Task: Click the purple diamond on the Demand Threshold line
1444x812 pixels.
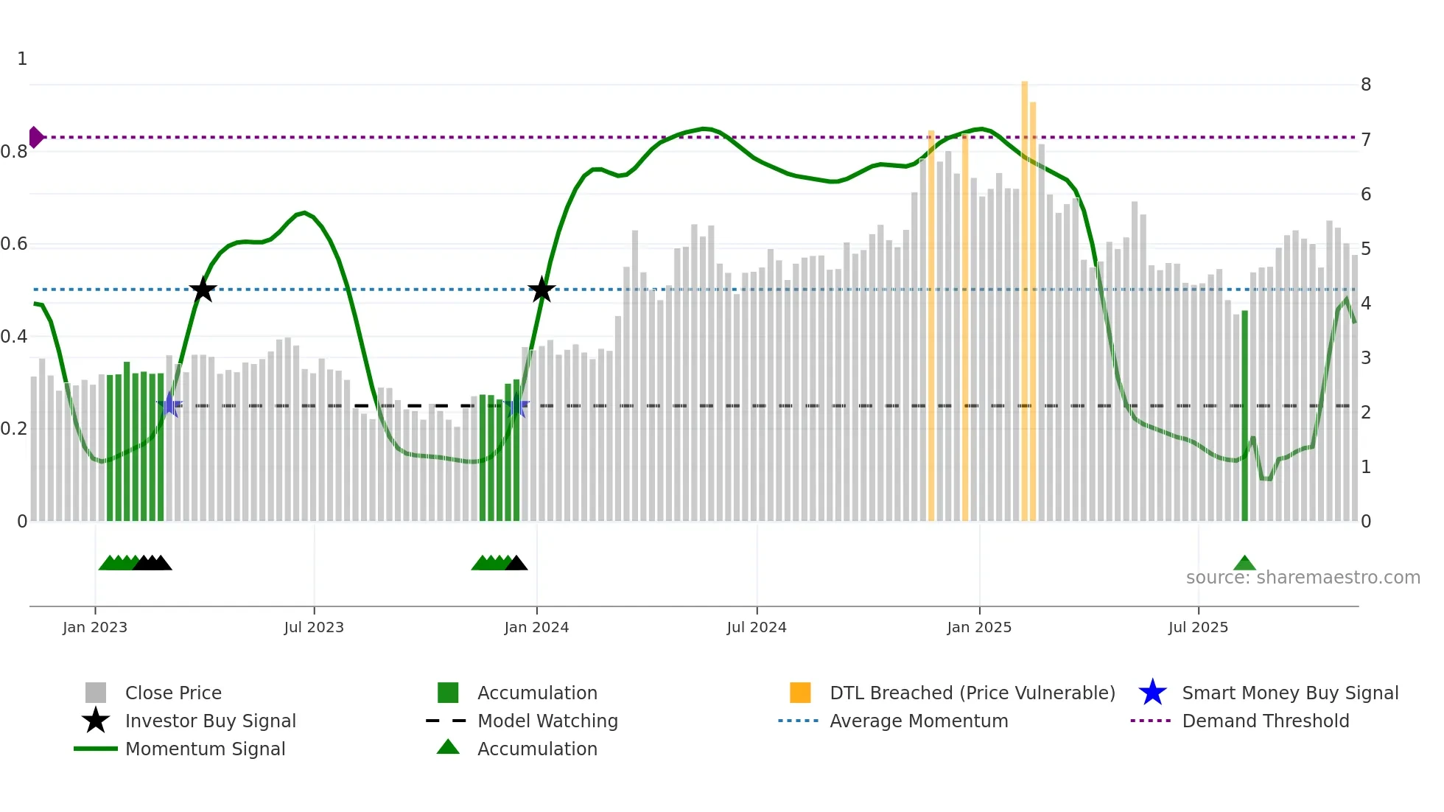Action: pos(35,137)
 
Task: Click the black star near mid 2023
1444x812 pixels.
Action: pos(203,290)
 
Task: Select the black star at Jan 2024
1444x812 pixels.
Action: pos(541,290)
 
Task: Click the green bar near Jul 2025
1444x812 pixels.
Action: pos(1244,416)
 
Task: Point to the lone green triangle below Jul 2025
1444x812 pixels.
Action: pos(1244,564)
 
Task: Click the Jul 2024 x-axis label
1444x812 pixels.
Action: pos(757,627)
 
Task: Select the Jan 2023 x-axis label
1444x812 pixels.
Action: pos(95,627)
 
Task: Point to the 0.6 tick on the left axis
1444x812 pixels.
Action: pos(14,244)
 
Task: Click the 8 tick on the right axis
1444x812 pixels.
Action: pos(1366,85)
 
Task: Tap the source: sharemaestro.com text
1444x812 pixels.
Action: pos(1303,578)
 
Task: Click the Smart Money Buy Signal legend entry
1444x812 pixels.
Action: pos(1289,693)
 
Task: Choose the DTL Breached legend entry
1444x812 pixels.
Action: pos(972,693)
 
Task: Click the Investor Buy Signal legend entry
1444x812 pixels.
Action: pos(210,721)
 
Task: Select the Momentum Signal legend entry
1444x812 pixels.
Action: pos(205,749)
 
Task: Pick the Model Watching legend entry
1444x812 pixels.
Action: pos(547,721)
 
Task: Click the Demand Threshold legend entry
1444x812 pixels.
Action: pos(1265,721)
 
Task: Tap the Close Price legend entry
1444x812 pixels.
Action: pos(173,693)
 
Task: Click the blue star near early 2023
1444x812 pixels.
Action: pos(169,405)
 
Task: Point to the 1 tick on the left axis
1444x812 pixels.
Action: pos(22,59)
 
